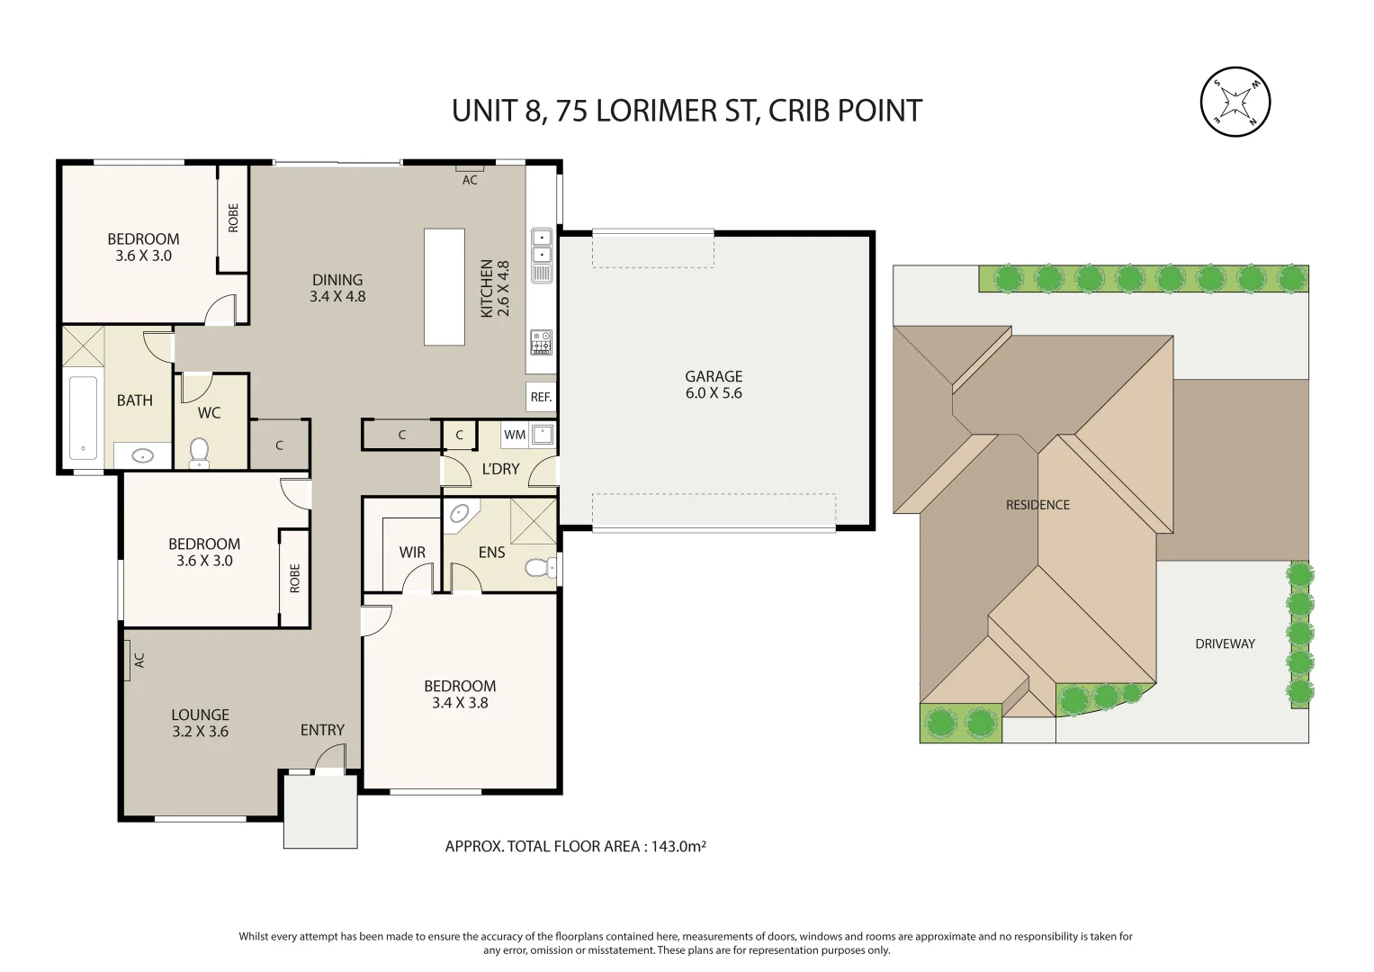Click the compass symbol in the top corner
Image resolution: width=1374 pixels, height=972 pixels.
pos(1235,102)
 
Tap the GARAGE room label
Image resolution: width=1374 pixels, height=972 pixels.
pos(714,384)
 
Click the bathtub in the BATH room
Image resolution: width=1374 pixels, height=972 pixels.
pos(83,417)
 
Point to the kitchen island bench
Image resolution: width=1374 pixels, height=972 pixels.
pos(445,286)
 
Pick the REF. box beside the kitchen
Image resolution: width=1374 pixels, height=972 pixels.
pos(541,397)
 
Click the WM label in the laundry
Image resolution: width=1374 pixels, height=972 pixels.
pos(515,435)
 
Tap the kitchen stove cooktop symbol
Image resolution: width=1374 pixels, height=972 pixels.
pos(541,342)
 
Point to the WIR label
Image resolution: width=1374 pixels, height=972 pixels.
pos(412,553)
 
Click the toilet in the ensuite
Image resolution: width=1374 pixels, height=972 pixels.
pos(538,568)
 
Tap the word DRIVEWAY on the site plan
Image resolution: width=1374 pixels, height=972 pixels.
pos(1225,643)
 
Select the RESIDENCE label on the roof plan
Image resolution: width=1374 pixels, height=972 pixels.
pos(1037,505)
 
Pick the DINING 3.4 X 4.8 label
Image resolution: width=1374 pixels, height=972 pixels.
pos(337,288)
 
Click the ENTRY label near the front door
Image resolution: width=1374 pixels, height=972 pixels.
pos(322,730)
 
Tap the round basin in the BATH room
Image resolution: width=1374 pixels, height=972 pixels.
pos(142,455)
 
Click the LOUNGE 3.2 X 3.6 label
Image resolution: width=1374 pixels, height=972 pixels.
pos(200,724)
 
